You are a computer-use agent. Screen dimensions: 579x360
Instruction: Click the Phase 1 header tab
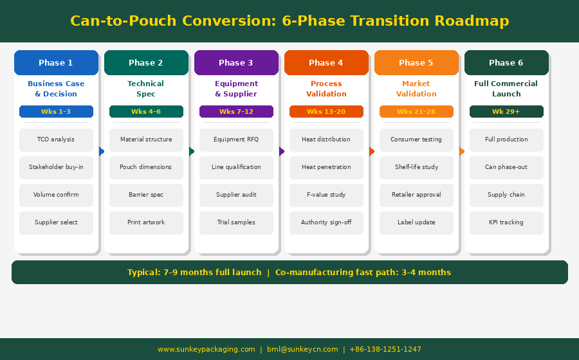coord(56,63)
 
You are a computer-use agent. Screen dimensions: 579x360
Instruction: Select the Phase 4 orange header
coord(326,63)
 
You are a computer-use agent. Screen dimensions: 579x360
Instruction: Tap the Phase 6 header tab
coord(507,63)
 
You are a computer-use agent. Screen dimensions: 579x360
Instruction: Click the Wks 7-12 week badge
coord(236,111)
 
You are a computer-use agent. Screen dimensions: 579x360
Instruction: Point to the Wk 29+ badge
coord(507,111)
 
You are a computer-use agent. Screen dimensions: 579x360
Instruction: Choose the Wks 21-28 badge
coord(416,111)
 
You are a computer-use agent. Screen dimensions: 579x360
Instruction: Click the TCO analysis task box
coord(56,139)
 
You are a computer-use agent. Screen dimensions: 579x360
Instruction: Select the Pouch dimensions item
coord(146,167)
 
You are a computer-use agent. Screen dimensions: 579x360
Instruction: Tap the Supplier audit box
coord(236,195)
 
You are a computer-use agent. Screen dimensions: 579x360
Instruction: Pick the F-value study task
coord(326,195)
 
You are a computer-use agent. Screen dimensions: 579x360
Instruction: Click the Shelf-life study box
coord(416,167)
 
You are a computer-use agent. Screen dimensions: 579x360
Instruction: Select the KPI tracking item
coord(507,223)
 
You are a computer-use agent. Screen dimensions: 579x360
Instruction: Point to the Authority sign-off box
coord(326,223)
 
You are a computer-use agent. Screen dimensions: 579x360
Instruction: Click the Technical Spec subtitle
coord(146,89)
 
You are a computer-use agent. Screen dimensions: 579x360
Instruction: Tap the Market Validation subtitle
coord(416,89)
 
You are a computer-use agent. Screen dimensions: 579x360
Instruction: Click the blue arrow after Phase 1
coord(102,151)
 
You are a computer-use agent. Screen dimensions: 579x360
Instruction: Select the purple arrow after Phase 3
coord(282,151)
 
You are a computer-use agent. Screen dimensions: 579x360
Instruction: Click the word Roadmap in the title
coord(472,21)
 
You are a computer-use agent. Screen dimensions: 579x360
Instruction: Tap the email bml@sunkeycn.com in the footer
coord(302,349)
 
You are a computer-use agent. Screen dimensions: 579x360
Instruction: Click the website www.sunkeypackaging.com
coord(207,349)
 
